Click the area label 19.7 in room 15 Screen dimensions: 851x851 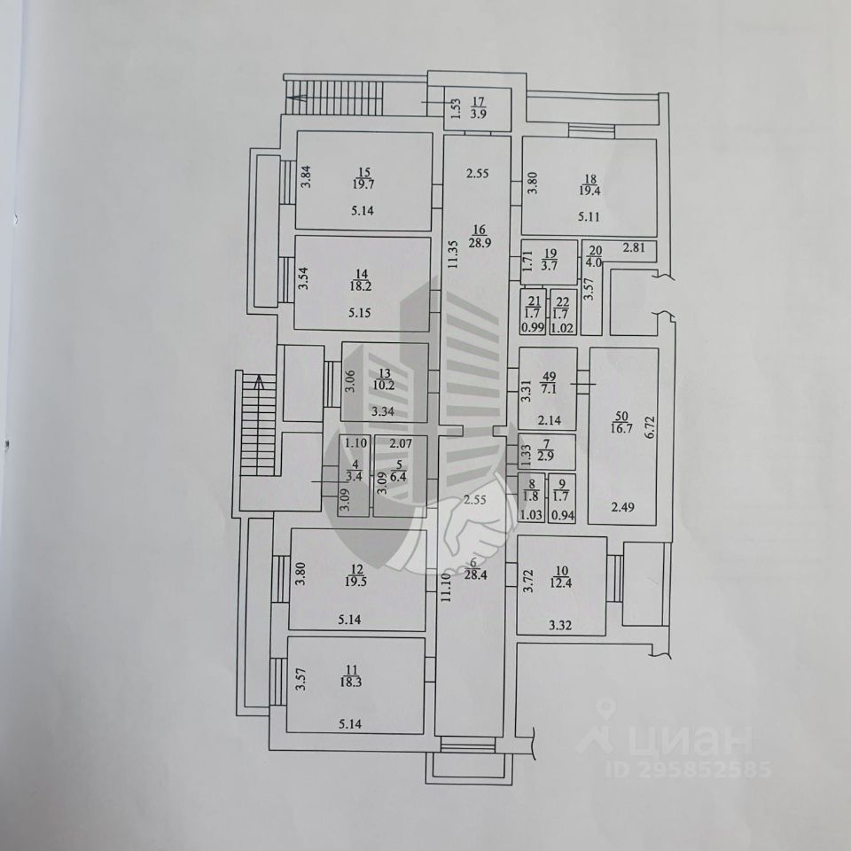[363, 184]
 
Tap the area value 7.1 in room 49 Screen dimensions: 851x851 [547, 386]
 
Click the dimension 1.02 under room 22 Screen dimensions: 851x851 [562, 326]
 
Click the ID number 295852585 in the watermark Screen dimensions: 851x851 [688, 769]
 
